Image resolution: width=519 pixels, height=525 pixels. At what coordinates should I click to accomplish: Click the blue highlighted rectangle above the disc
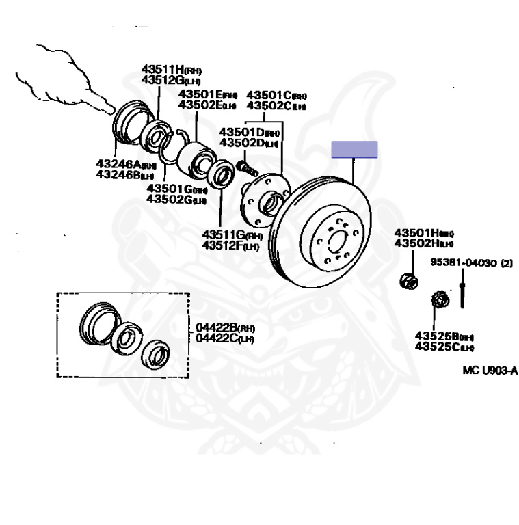click(x=354, y=149)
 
